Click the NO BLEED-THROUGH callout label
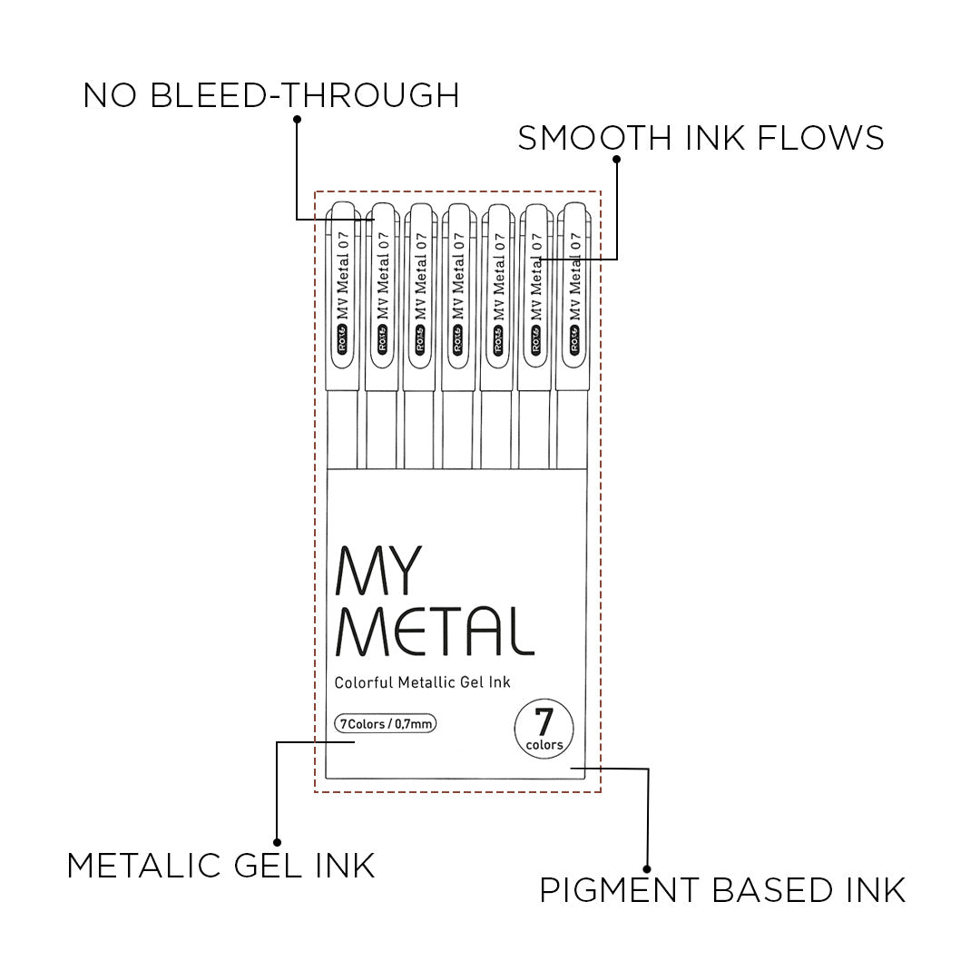pos(270,94)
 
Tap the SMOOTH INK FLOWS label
pos(701,138)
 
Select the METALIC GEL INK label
pos(220,865)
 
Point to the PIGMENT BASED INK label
pos(722,889)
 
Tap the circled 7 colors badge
pos(544,728)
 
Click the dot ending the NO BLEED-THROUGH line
pos(296,118)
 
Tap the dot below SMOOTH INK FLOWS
pos(617,160)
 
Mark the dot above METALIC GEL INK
pos(277,842)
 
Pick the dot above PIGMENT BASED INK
pos(647,867)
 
